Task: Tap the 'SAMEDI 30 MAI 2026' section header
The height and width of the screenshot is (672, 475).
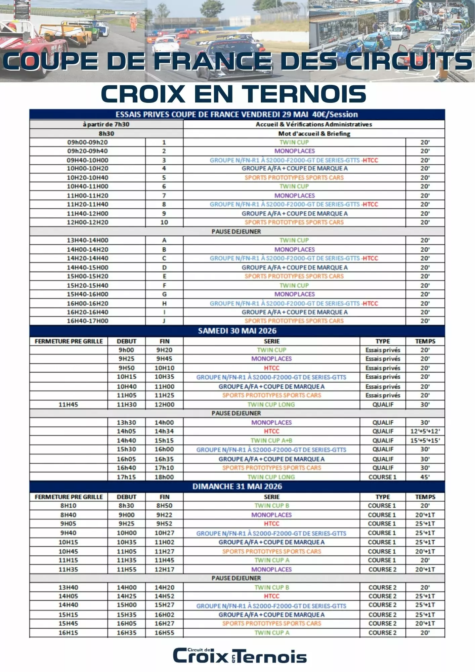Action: click(237, 331)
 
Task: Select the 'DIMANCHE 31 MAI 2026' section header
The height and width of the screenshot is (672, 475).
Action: click(237, 487)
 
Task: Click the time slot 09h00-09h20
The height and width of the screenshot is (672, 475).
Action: click(87, 142)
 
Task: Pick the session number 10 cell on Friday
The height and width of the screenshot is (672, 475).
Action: click(164, 222)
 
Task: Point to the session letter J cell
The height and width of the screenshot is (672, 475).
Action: click(164, 321)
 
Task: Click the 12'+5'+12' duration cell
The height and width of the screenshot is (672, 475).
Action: click(425, 431)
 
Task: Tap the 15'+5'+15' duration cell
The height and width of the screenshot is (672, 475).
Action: click(425, 440)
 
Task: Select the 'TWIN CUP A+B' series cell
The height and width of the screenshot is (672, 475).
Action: click(271, 440)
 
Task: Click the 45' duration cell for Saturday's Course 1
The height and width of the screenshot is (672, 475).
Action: click(425, 477)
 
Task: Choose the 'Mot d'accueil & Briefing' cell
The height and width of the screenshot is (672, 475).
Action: click(314, 134)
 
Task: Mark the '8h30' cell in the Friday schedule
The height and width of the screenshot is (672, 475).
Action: click(106, 134)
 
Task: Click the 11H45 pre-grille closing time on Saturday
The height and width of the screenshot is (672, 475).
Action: click(68, 405)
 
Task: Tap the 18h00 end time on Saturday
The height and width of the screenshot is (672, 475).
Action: click(164, 477)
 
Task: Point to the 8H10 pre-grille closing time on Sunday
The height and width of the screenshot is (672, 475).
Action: click(68, 506)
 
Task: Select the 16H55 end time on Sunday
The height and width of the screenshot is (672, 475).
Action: click(164, 633)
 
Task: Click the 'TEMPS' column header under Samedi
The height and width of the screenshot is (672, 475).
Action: click(425, 341)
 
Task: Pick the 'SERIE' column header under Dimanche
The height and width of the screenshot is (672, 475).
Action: click(271, 497)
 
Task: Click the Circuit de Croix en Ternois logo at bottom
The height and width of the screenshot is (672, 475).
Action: click(240, 656)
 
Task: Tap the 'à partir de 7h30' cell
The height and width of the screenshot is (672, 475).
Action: click(106, 124)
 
